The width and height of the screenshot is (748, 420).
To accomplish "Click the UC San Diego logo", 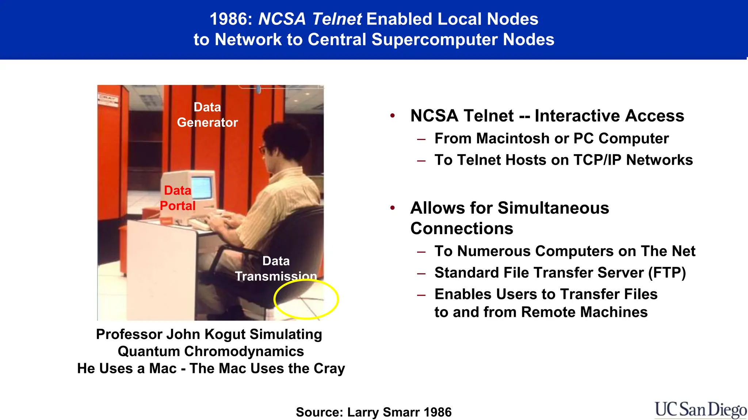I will (x=701, y=410).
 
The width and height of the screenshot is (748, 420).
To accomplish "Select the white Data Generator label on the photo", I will (x=207, y=115).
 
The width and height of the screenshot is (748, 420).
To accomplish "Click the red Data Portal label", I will (x=178, y=198).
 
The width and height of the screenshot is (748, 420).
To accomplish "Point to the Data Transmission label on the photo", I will (x=276, y=269).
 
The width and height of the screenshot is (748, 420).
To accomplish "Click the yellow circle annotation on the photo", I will (x=306, y=299).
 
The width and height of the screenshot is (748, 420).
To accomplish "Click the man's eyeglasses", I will (x=263, y=149).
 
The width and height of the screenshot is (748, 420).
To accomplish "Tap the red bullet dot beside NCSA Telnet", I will (x=393, y=116).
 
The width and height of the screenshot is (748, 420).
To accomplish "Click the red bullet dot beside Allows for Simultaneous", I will (x=393, y=208).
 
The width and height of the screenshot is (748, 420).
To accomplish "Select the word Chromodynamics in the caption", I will (x=244, y=351).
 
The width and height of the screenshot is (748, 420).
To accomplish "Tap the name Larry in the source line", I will (x=363, y=412).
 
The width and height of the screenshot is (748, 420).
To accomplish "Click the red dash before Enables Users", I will (x=421, y=295).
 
